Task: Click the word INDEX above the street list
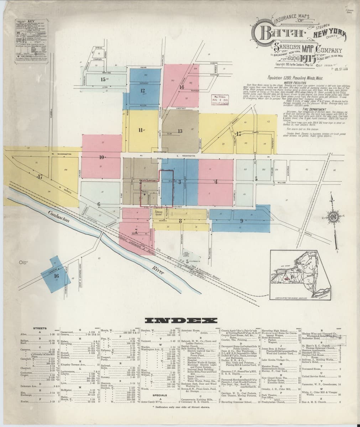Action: point(179,320)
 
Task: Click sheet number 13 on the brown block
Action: point(180,131)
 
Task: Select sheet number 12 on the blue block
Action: point(142,90)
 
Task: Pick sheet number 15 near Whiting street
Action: point(103,79)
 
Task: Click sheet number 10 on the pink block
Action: point(102,157)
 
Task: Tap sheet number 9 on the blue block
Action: point(241,220)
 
